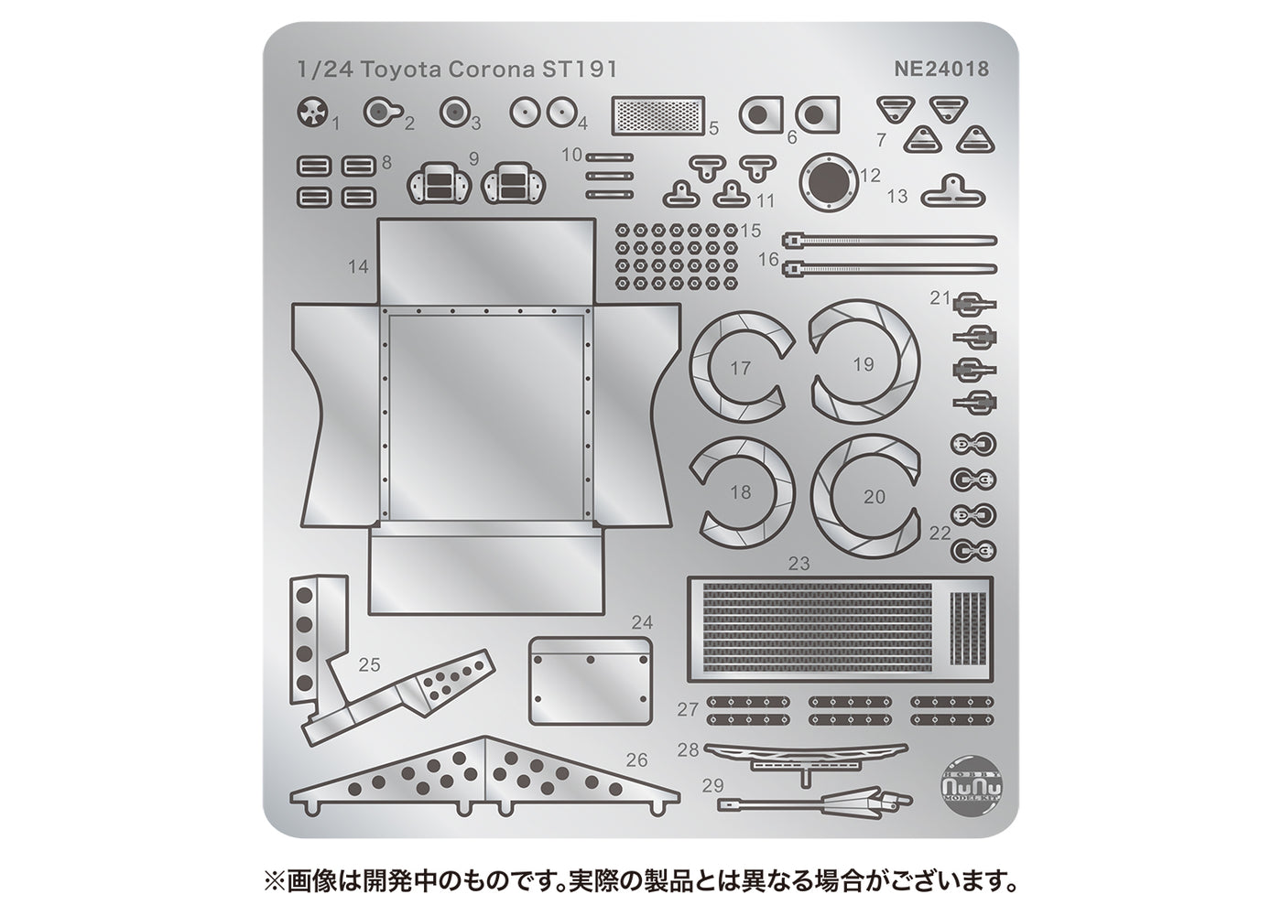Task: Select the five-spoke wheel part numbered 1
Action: pos(312,114)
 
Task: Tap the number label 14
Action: pos(358,266)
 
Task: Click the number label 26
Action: pos(637,760)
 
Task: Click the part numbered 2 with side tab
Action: pos(377,113)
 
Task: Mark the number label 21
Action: pos(940,297)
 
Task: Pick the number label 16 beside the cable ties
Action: pos(768,259)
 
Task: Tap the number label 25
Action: pos(369,665)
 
